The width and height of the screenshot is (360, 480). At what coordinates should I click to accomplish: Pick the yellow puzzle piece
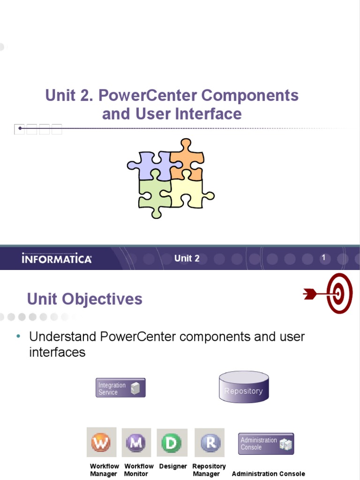point(190,193)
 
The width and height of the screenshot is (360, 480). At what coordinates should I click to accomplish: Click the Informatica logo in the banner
point(57,259)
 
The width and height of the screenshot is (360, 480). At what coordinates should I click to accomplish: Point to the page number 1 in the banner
point(323,258)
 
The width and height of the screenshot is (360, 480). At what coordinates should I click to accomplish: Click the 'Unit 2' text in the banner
point(187,258)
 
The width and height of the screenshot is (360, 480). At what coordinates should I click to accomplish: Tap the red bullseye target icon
point(338,293)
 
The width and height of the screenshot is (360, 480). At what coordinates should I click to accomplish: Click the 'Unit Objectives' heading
point(85,299)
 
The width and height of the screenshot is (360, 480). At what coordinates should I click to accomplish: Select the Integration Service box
point(120,388)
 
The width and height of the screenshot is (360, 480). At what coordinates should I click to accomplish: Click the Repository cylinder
point(244,387)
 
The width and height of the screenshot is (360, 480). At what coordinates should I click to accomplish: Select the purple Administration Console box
point(266,443)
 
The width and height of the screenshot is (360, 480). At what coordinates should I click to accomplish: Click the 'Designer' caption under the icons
point(173,466)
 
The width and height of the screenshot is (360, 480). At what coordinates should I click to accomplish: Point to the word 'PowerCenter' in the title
point(148,96)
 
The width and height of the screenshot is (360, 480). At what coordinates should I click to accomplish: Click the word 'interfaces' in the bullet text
point(57,352)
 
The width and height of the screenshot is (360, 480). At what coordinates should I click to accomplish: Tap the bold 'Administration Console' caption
point(268,474)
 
